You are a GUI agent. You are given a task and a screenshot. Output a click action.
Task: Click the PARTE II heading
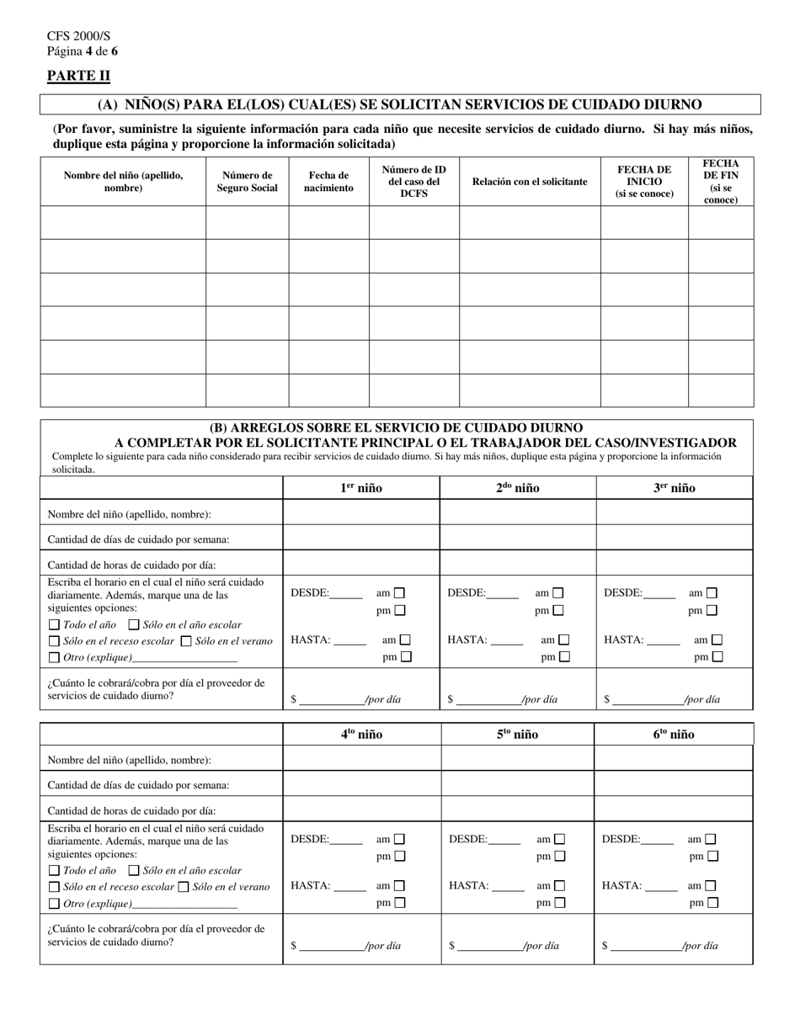click(78, 76)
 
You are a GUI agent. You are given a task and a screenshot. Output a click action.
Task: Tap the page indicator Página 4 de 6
click(83, 51)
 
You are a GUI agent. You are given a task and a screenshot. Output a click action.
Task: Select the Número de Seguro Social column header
click(247, 182)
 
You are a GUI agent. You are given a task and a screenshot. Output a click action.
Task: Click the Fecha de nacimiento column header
click(328, 182)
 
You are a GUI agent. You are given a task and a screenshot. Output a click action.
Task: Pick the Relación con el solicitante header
click(530, 182)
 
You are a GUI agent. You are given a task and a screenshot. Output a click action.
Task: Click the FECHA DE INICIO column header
click(644, 182)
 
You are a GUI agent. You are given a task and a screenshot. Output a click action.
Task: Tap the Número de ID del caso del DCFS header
click(413, 182)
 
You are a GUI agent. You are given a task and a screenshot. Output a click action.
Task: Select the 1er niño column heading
click(360, 488)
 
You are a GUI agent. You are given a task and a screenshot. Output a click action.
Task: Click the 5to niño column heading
click(517, 735)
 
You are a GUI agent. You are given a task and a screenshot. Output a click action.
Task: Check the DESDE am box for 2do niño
click(557, 593)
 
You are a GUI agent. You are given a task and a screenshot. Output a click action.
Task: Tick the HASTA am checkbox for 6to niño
click(711, 886)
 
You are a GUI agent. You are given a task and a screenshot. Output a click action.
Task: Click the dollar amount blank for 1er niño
click(330, 698)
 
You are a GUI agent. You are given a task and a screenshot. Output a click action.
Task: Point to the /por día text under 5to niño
click(541, 946)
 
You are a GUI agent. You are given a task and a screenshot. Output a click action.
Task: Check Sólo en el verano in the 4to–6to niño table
click(183, 887)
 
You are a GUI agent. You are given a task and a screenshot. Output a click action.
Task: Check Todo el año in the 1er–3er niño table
click(54, 624)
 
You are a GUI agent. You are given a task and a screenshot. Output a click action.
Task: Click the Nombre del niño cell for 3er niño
click(675, 513)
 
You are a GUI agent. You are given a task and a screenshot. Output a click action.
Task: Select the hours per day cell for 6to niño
click(673, 810)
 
